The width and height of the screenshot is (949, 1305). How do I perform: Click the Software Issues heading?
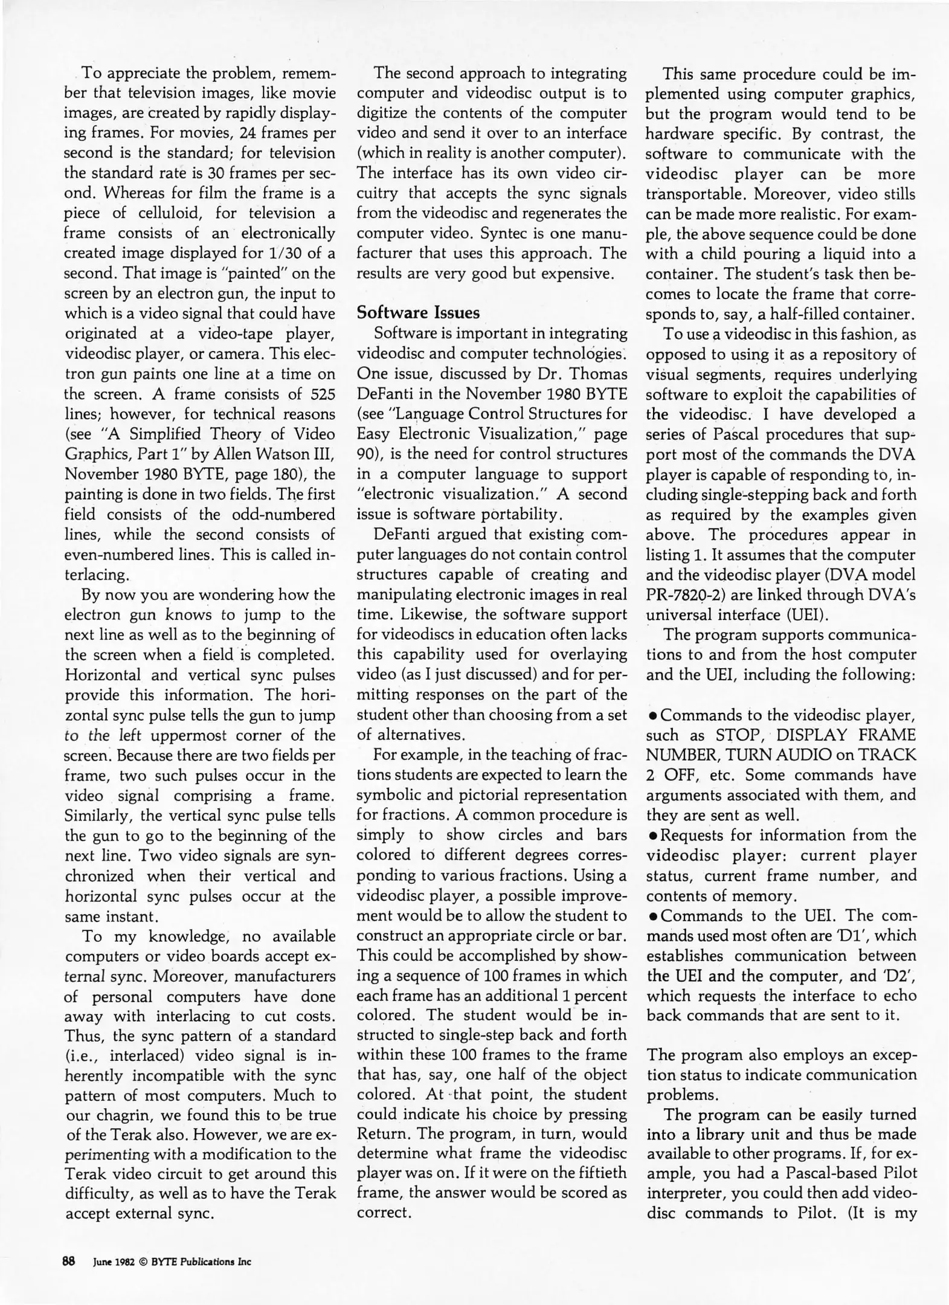(418, 313)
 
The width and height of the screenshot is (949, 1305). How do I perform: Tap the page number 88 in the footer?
(68, 1261)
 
